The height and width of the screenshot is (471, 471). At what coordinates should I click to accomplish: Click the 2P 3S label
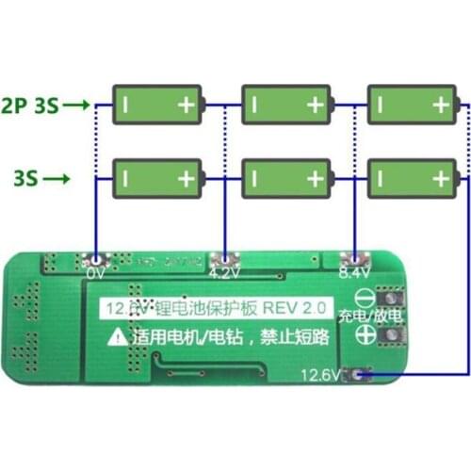pyautogui.click(x=30, y=105)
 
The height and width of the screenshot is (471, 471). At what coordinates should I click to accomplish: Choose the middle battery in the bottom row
pyautogui.click(x=285, y=177)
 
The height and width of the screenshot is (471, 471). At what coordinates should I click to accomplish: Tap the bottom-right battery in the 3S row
pyautogui.click(x=412, y=177)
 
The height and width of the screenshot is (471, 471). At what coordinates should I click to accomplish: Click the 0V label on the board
pyautogui.click(x=95, y=274)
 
